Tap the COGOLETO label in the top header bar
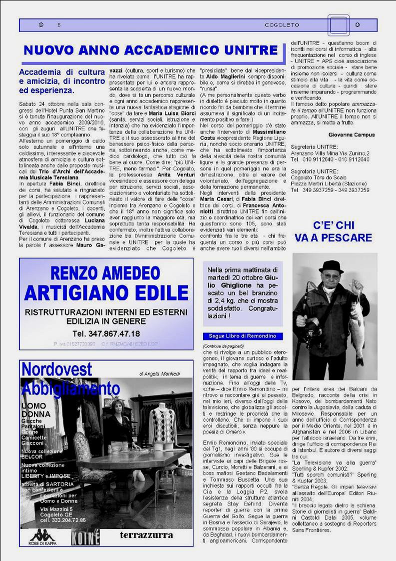pos(282,25)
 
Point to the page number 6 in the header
pos(59,25)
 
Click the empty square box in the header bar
pos(338,25)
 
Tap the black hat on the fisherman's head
pos(331,266)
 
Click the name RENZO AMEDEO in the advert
pos(105,273)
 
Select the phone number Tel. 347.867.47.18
pos(106,333)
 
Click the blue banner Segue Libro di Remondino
pos(242,336)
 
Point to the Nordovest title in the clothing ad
pos(57,369)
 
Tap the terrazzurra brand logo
pos(146,535)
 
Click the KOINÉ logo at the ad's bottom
pos(85,536)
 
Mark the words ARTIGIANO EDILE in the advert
pos(106,291)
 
